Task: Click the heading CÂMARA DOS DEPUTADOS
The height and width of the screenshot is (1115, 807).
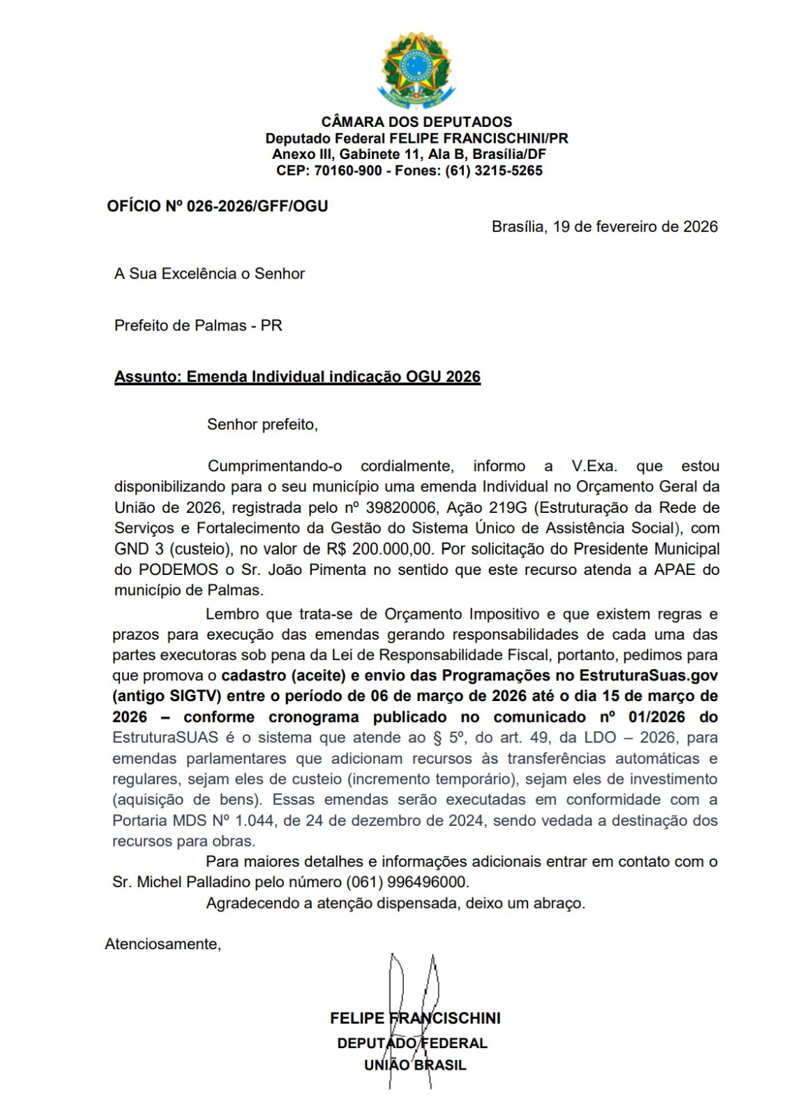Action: tap(416, 122)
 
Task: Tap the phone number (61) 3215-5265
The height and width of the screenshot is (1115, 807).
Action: tap(494, 171)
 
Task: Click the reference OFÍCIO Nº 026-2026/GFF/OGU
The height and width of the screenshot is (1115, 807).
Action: tap(217, 206)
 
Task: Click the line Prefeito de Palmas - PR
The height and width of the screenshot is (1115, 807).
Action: tap(198, 325)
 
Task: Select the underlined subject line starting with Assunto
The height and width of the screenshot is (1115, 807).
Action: tap(297, 377)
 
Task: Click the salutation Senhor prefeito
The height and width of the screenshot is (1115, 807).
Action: tap(262, 424)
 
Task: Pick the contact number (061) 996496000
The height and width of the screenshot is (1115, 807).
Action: tap(407, 882)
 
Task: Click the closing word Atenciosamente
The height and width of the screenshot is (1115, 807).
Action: tap(163, 944)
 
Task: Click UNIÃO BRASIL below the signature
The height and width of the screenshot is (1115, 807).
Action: tap(415, 1065)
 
